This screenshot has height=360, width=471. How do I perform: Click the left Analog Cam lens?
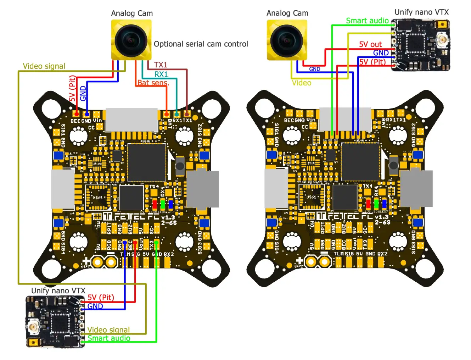coord(131,40)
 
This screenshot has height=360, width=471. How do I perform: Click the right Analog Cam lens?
coord(286,40)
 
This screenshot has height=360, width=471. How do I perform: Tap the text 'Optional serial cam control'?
coord(201,44)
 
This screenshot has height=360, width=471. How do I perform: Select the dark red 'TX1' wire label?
coord(160,65)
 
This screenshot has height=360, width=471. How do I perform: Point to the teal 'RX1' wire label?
coord(161,74)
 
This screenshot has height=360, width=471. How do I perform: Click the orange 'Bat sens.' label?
coord(153,83)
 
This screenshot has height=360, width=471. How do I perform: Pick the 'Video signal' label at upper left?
coord(44,66)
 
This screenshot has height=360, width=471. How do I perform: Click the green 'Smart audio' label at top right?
coord(367,21)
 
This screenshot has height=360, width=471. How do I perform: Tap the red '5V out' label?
coord(370,44)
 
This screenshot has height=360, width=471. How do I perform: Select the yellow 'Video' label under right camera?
coord(301,83)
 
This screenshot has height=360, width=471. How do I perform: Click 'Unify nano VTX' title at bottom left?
coord(58,290)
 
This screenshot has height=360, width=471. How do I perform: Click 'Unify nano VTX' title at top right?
coord(421,12)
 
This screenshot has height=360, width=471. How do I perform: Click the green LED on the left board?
coord(163,204)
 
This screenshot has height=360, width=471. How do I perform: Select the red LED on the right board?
coord(368,204)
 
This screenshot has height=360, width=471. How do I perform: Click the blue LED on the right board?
coord(384,204)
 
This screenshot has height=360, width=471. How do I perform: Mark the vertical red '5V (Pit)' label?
coord(72,89)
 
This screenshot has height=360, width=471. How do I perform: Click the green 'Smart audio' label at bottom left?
coord(108,338)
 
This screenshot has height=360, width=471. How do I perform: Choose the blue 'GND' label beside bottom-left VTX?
coord(95,306)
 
